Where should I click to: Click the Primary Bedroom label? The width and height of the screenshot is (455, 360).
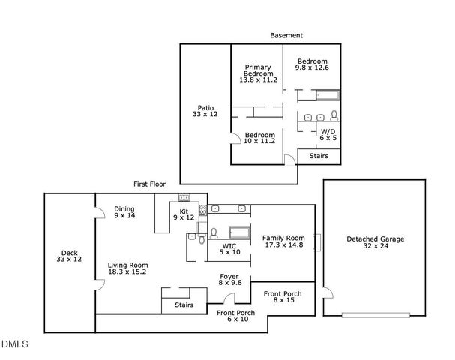(258, 72)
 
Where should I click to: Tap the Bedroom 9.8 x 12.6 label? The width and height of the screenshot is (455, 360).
(312, 64)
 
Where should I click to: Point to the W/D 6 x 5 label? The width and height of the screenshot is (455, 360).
(328, 135)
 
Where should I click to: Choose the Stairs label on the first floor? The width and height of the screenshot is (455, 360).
(184, 305)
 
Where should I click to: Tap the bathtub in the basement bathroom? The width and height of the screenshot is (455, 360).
(328, 94)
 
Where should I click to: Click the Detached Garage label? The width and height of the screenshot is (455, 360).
(375, 243)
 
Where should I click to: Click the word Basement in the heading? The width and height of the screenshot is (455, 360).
(287, 35)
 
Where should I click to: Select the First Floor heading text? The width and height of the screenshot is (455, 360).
(149, 184)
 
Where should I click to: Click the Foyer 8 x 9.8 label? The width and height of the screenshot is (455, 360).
(229, 279)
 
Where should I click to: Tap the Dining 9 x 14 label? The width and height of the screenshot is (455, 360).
(124, 212)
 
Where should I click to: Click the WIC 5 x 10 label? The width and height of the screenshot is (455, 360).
(229, 249)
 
